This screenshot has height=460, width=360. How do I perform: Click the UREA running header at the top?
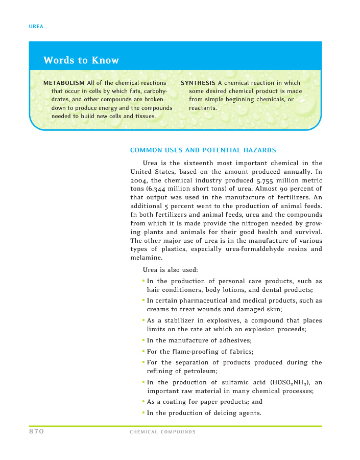point(36,27)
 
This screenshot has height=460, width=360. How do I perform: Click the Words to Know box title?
point(81,60)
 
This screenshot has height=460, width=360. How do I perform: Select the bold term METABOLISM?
point(64,83)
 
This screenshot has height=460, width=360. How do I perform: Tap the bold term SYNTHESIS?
point(198,83)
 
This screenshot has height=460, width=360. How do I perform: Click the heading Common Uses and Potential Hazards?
point(203,150)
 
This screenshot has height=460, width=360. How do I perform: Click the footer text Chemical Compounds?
point(162,432)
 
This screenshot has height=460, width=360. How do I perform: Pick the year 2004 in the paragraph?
point(138,181)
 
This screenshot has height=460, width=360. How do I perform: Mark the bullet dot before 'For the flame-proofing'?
point(143,351)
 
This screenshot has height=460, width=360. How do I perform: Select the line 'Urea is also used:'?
point(167,270)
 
